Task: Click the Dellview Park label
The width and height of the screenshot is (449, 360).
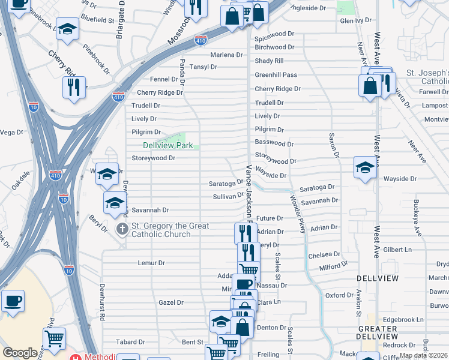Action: (x=168, y=145)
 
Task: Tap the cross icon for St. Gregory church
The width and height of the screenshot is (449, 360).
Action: (x=122, y=229)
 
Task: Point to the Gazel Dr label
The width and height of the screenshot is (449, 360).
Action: (x=170, y=302)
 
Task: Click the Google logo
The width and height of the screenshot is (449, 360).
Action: (x=20, y=353)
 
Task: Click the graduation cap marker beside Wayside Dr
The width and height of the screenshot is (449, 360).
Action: (x=365, y=168)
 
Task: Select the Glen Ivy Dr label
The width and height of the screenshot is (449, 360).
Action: (x=356, y=20)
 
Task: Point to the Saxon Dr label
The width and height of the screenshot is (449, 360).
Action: (x=330, y=145)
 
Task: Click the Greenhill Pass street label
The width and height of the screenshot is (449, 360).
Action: (x=276, y=75)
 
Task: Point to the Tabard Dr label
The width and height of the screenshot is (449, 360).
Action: (x=130, y=342)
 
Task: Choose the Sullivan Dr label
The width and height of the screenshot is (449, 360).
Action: (x=227, y=196)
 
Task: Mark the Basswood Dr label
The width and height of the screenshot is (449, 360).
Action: (x=274, y=144)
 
